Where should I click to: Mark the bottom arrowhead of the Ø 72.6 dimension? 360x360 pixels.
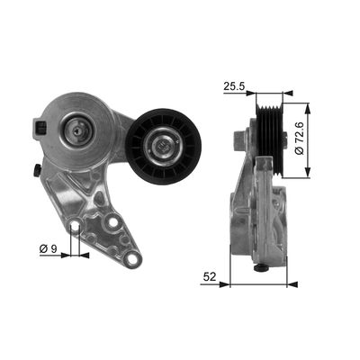pos(308,175)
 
